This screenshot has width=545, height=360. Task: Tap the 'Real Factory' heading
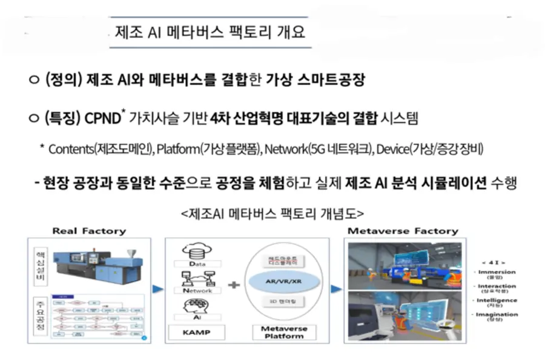click(x=88, y=231)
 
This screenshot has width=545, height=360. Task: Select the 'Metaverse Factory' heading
click(x=403, y=231)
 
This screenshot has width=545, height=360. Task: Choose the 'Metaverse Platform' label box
click(x=276, y=332)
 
